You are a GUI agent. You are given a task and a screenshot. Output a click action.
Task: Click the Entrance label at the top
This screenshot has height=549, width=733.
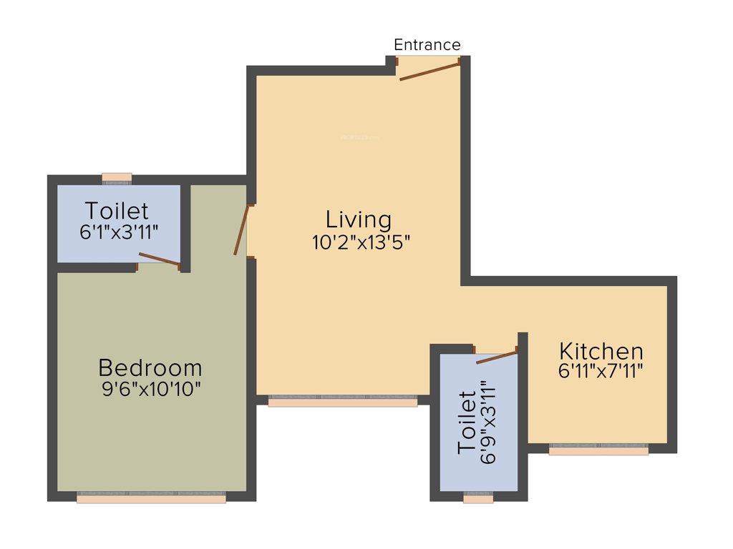tap(427, 44)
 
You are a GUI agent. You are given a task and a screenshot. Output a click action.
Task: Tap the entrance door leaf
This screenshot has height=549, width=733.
tap(429, 71)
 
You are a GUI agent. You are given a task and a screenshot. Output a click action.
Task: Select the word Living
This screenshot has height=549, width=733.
tap(359, 219)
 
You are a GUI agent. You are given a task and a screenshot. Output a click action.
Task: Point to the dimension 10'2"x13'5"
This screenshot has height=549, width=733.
tap(360, 242)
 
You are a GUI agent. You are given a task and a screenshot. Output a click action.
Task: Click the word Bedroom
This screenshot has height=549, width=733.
tap(150, 368)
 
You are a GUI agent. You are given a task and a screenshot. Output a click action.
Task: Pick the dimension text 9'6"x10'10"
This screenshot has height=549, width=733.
tap(150, 390)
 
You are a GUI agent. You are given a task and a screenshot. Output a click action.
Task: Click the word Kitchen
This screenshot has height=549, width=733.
tap(601, 352)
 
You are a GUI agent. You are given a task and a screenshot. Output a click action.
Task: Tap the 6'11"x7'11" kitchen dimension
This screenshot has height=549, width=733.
tap(601, 371)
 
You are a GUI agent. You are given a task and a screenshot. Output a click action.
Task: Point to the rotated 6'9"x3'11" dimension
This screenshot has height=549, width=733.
tap(489, 422)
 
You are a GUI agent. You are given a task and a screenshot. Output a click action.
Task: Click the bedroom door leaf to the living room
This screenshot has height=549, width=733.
tap(241, 229)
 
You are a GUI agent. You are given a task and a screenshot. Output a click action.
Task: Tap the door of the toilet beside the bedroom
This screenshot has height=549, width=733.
tap(159, 259)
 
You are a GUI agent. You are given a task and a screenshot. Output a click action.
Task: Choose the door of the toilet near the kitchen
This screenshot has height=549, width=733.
tap(496, 357)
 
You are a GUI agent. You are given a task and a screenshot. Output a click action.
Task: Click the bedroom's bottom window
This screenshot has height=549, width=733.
tap(151, 498)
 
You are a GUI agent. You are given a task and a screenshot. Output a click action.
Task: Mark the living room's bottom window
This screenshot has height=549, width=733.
tap(343, 402)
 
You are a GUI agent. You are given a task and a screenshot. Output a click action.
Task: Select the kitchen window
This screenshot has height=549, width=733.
tap(598, 450)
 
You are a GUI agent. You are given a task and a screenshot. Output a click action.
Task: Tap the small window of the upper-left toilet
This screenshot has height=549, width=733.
tap(117, 177)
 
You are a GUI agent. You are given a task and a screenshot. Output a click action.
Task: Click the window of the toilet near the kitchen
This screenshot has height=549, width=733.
tap(478, 498)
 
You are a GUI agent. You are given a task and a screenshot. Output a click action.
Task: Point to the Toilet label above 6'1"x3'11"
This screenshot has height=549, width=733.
tap(117, 211)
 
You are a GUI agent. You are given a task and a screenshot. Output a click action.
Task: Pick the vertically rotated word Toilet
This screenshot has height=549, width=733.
tap(467, 422)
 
